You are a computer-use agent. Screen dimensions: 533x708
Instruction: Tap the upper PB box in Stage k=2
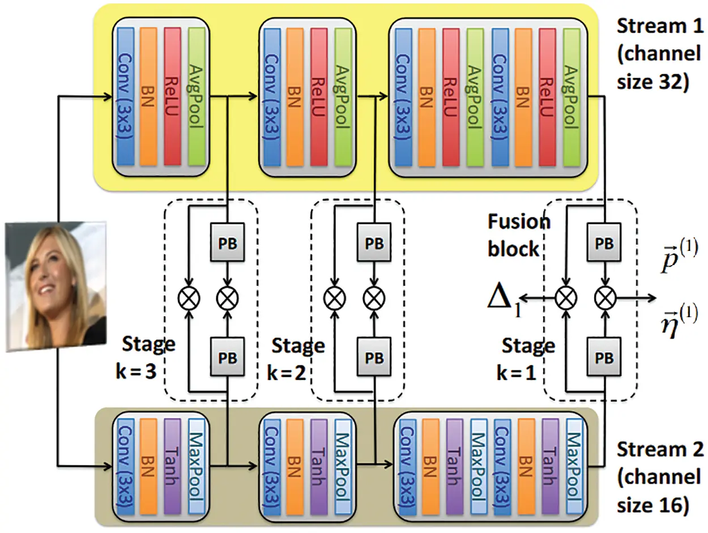(x=374, y=240)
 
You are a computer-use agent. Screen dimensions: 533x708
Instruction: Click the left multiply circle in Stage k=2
(x=334, y=297)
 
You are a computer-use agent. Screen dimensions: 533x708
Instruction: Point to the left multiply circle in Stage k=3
(x=188, y=297)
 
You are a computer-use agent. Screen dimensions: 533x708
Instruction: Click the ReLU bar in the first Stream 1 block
(x=172, y=96)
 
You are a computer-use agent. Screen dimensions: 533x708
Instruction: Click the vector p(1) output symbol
(x=680, y=258)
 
